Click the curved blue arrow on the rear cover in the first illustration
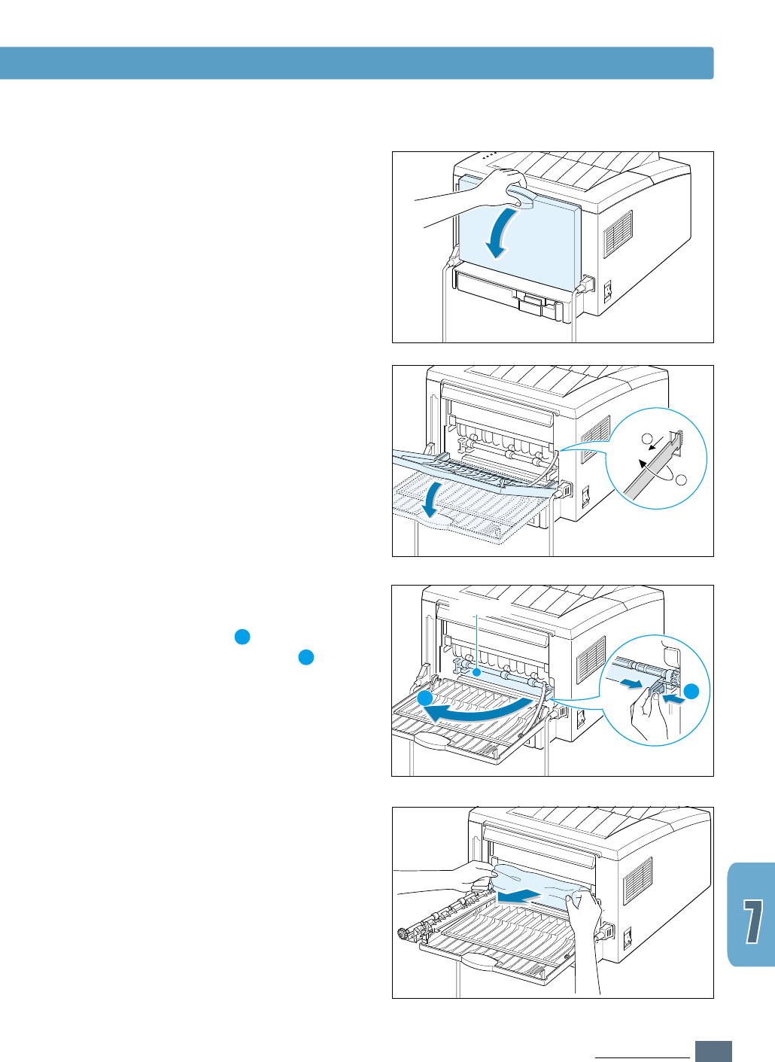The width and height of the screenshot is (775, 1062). (x=500, y=233)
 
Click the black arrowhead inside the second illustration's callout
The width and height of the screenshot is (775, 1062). (x=643, y=464)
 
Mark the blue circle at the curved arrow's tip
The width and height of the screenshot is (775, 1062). (x=426, y=698)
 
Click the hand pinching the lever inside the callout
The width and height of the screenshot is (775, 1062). (x=649, y=715)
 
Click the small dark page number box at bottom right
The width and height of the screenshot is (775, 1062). (x=713, y=1051)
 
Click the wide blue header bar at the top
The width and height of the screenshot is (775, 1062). (x=357, y=63)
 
